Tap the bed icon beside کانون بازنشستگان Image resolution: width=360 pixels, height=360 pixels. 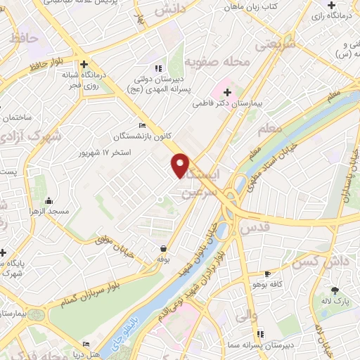coord(143,125)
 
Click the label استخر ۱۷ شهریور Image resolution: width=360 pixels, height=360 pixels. coord(106,151)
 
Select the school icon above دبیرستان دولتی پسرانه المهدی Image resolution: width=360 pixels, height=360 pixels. coord(158,68)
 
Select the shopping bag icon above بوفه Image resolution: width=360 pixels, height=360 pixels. coord(163,248)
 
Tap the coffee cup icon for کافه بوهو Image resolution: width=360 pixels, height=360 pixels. coord(266,273)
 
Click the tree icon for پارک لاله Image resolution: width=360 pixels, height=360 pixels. coord(335,290)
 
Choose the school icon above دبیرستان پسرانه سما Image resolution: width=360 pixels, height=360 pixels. coord(260,334)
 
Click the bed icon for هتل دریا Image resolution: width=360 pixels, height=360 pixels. coord(86,344)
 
